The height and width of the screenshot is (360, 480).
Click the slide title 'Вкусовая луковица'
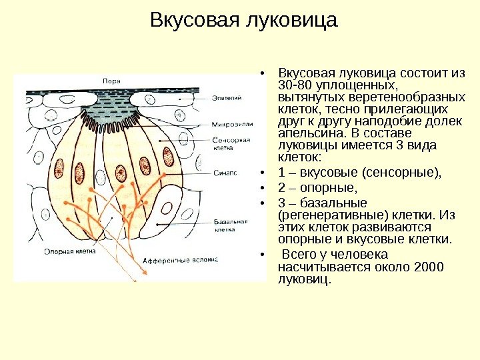coord(244,21)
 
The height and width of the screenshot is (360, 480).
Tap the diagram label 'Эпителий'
coord(227,99)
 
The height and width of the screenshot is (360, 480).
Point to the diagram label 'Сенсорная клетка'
coord(231,145)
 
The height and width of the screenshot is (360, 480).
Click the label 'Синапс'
coord(225,173)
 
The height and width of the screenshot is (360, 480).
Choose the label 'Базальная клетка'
coord(231,225)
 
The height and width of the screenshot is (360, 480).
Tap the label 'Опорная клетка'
coord(69,252)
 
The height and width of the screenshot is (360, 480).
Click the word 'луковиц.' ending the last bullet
coord(303,279)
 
